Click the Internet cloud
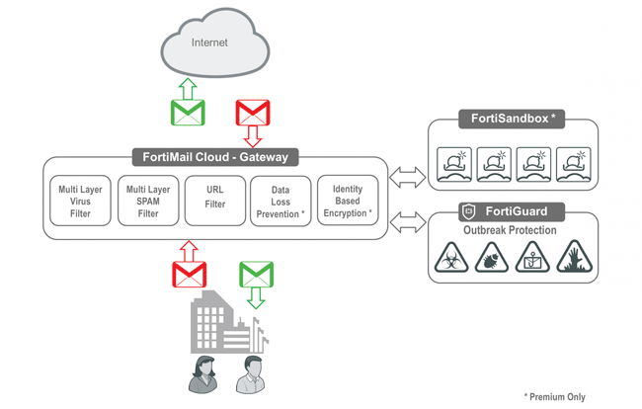coord(213,44)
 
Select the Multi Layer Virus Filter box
coord(80,201)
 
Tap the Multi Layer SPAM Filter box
coord(148,201)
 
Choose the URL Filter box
coord(215,201)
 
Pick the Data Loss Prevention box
coord(281,201)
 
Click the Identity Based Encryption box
coord(348,201)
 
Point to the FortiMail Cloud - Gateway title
coord(214,157)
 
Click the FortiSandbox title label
coord(513,119)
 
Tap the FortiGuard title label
coord(512,210)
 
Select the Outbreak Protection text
coord(511,230)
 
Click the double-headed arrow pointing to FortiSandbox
coord(407,178)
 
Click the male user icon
coord(252,372)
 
